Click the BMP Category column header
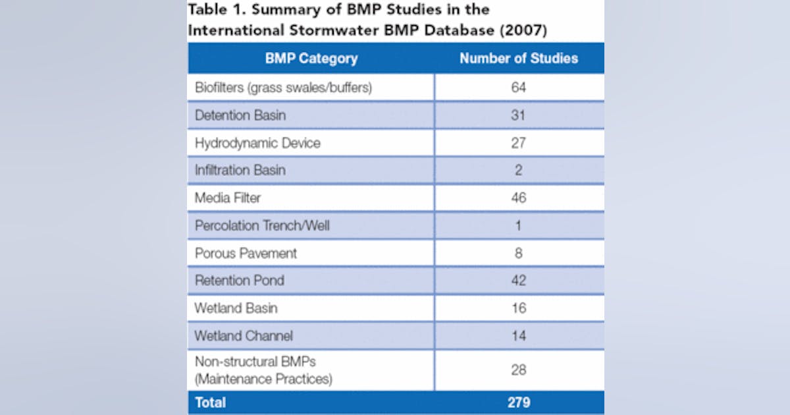pyautogui.click(x=311, y=58)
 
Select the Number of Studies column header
pyautogui.click(x=519, y=58)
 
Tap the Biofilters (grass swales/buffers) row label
pyautogui.click(x=283, y=88)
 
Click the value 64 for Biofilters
pyautogui.click(x=519, y=88)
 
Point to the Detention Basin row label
pyautogui.click(x=240, y=115)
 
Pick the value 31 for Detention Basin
pyautogui.click(x=519, y=115)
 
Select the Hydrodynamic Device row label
pyautogui.click(x=257, y=143)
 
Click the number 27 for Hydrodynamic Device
pyautogui.click(x=519, y=143)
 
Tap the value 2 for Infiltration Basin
pyautogui.click(x=519, y=170)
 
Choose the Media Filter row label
pyautogui.click(x=228, y=198)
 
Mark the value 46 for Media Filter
pyautogui.click(x=519, y=198)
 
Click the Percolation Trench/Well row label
pyautogui.click(x=262, y=225)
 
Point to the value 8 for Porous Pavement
pyautogui.click(x=519, y=253)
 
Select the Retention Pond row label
pyautogui.click(x=240, y=280)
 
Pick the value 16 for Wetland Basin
pyautogui.click(x=519, y=308)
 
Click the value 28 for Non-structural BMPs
pyautogui.click(x=519, y=370)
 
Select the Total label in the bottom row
pyautogui.click(x=210, y=401)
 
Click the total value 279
pyautogui.click(x=519, y=401)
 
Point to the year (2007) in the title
pyautogui.click(x=524, y=30)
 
